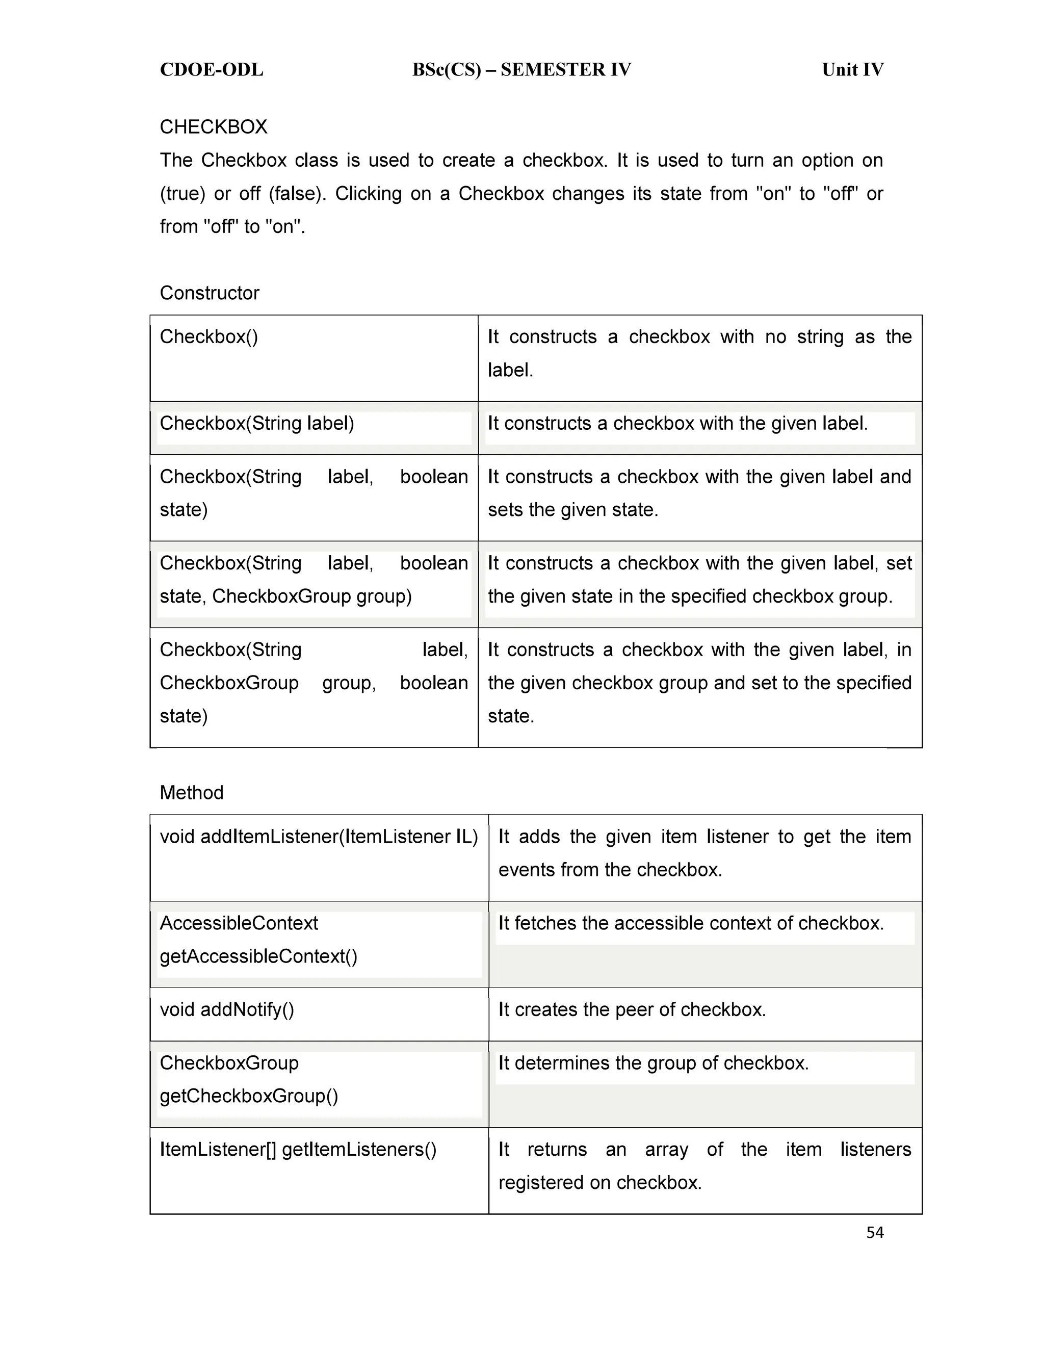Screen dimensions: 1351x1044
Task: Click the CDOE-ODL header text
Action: pos(211,70)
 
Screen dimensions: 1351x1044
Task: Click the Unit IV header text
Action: pos(852,70)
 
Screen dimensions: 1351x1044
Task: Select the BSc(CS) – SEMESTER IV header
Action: pos(521,70)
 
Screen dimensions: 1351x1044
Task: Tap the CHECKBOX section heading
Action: pos(214,127)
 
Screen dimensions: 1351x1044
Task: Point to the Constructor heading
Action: pos(209,293)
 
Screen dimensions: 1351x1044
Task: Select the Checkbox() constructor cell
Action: pos(209,336)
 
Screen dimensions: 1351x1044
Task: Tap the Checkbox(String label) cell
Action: pos(257,423)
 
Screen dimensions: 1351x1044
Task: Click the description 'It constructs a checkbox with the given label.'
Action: pos(677,423)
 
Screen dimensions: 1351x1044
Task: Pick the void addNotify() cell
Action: pos(227,1009)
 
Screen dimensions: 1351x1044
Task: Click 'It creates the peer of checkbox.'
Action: pos(632,1009)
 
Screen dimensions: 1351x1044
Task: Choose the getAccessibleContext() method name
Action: pos(258,956)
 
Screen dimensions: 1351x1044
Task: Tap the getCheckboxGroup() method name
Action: pos(249,1096)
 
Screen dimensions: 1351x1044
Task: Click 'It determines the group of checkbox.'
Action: pos(653,1063)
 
